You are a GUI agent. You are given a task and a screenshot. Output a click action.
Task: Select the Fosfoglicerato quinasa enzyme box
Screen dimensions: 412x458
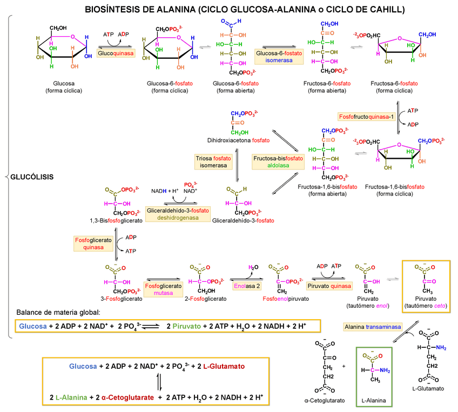90,244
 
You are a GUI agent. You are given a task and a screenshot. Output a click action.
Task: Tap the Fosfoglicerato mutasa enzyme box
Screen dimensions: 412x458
163,289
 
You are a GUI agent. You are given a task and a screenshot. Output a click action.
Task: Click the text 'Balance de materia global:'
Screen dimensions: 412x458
58,313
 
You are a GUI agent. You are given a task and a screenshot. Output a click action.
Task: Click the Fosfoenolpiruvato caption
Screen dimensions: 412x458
285,299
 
